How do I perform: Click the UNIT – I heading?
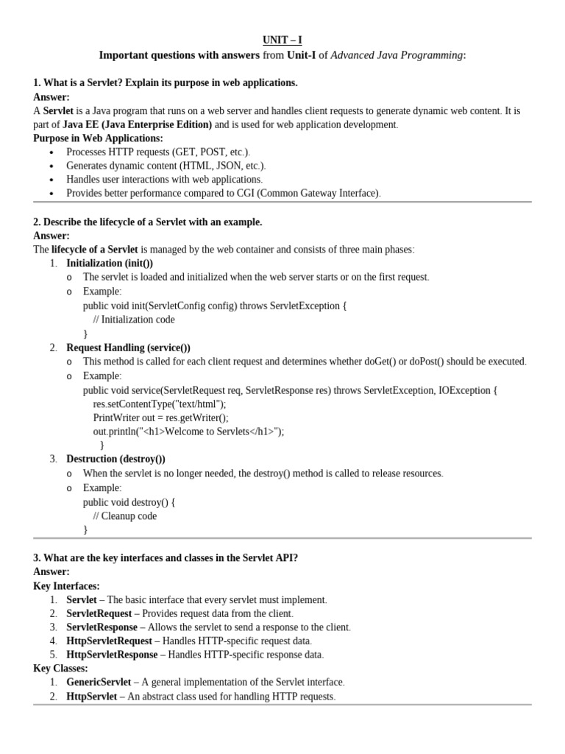click(x=282, y=40)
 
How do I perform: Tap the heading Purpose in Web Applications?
click(x=98, y=138)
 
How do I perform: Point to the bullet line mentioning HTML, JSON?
click(x=166, y=166)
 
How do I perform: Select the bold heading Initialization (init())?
click(x=110, y=263)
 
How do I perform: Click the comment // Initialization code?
click(x=134, y=320)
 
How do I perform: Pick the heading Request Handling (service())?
click(x=128, y=348)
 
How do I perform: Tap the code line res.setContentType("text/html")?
click(x=160, y=404)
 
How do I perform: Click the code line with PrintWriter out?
click(x=160, y=417)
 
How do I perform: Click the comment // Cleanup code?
click(x=129, y=516)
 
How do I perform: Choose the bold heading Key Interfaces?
click(x=66, y=586)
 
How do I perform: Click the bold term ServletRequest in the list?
click(x=99, y=613)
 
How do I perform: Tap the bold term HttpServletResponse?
click(x=112, y=655)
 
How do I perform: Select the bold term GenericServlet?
click(x=99, y=683)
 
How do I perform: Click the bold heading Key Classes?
click(x=60, y=669)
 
